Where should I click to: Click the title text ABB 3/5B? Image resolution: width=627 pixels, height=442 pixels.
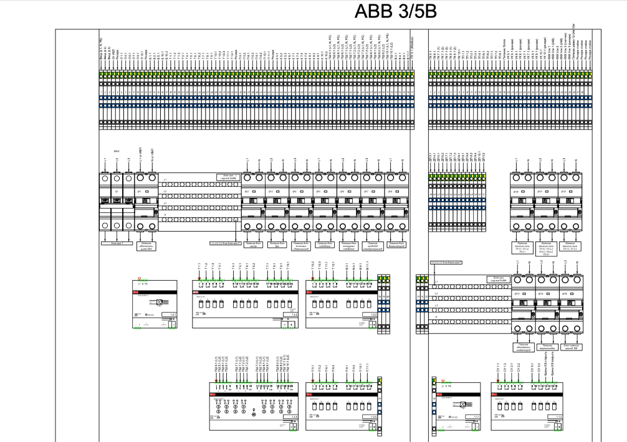click(x=395, y=12)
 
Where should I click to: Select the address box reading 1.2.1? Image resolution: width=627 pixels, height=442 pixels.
click(x=173, y=314)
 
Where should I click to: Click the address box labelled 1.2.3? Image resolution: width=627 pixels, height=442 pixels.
click(x=373, y=314)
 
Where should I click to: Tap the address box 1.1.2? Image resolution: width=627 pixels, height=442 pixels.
click(x=560, y=416)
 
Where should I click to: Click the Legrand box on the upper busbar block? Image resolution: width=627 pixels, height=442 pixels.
click(x=223, y=177)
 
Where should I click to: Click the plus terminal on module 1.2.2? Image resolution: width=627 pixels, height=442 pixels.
click(x=291, y=324)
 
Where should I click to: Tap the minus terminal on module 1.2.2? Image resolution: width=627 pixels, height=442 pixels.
click(x=284, y=324)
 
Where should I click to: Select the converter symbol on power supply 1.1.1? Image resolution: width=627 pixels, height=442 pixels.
click(x=461, y=405)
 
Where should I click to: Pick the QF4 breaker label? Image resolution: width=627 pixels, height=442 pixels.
click(x=295, y=192)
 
